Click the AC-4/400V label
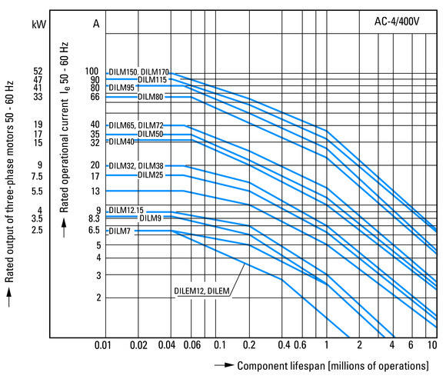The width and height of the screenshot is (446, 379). click(x=397, y=22)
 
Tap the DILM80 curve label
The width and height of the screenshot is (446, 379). click(x=151, y=97)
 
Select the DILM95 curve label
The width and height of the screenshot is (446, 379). click(x=121, y=88)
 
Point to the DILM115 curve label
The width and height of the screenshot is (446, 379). click(x=152, y=80)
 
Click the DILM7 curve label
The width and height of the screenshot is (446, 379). click(x=119, y=231)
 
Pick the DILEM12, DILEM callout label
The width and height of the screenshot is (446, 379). click(x=201, y=291)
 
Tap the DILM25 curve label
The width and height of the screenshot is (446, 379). click(x=151, y=175)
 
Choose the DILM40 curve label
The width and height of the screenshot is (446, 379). click(x=121, y=141)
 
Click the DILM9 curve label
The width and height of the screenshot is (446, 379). click(x=151, y=218)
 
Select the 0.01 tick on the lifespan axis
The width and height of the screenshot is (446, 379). click(x=103, y=345)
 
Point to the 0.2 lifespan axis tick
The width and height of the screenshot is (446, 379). click(x=249, y=345)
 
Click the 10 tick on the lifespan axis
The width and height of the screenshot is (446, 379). click(x=432, y=345)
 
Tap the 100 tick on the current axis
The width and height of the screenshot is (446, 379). click(x=92, y=71)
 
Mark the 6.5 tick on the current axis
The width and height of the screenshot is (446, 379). click(x=94, y=230)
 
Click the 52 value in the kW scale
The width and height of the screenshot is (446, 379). click(x=38, y=71)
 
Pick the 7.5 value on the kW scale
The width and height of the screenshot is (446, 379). click(x=37, y=176)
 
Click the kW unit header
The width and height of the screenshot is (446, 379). click(x=38, y=24)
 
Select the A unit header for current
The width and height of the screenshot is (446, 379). click(x=96, y=24)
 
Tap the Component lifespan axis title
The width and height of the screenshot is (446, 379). click(x=333, y=366)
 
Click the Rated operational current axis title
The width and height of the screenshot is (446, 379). click(x=65, y=127)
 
